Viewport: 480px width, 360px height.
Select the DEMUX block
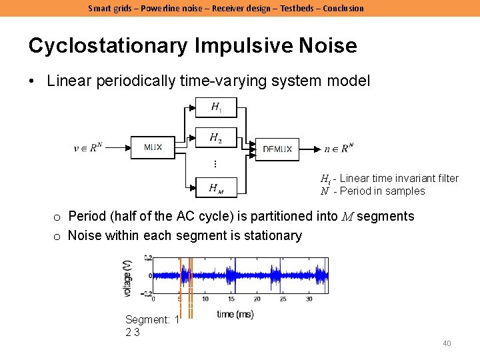277,149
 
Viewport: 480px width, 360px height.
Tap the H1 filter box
216,107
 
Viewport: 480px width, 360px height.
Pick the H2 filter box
216,138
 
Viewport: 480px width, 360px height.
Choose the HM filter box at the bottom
216,189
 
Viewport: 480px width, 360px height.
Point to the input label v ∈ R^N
88,148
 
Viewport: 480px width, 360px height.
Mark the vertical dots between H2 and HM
215,163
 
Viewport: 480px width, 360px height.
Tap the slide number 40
447,343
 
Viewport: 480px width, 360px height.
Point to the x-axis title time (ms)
235,314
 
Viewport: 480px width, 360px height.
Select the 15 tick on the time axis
231,299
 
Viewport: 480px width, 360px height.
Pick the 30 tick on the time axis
309,299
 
